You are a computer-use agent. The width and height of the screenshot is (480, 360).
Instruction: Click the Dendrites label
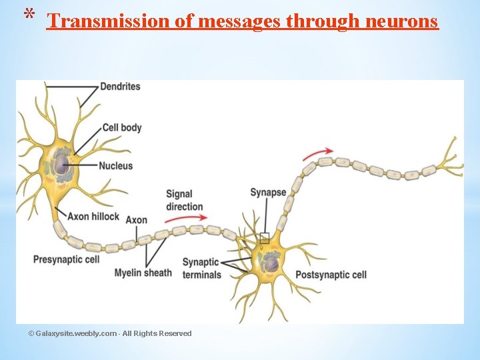(x=120, y=87)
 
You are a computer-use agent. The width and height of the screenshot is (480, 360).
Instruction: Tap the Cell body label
(x=121, y=127)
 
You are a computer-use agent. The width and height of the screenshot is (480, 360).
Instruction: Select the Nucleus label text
(x=115, y=165)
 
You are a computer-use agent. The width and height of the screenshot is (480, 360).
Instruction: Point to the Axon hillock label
(x=93, y=216)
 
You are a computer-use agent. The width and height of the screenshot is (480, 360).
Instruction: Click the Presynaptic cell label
(x=66, y=259)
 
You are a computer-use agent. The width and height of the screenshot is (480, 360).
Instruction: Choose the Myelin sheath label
(x=143, y=273)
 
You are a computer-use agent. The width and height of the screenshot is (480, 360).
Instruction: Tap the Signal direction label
(x=184, y=200)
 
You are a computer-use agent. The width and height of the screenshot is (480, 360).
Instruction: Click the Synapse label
(x=268, y=193)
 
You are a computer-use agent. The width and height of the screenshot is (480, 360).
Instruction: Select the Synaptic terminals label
(x=201, y=268)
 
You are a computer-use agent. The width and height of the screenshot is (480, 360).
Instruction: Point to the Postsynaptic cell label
(x=331, y=275)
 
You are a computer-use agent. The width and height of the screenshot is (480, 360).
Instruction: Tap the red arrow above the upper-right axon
(x=317, y=154)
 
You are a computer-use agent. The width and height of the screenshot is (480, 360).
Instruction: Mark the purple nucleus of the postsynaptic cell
(x=271, y=265)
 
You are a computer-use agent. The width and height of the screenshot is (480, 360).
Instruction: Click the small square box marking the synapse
(x=264, y=237)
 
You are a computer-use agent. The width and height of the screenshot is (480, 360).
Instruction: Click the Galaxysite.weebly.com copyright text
(x=110, y=333)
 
